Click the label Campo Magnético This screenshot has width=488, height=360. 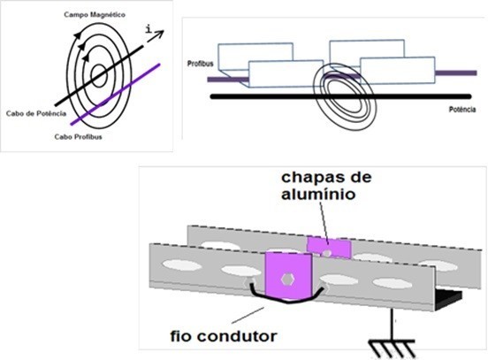pos(95,15)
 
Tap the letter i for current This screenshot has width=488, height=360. pos(149,29)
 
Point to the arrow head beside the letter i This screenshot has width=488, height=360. pos(160,33)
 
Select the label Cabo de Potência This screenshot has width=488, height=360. pos(36,113)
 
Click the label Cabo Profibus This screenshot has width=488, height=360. pos(78,137)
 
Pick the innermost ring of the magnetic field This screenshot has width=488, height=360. pos(99,76)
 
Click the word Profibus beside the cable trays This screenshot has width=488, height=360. pos(200,64)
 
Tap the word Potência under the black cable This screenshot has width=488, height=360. pos(462,110)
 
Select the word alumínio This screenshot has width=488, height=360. pos(318,195)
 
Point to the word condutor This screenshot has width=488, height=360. pos(237,336)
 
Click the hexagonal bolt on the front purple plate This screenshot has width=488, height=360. pos(287,280)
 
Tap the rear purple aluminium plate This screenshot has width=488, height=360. pos(329,248)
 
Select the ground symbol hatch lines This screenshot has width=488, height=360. pos(393,349)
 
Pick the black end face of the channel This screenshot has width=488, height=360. pos(448,299)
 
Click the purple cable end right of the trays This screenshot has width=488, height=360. pos(455,73)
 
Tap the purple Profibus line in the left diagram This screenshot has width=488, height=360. pos(116,95)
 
